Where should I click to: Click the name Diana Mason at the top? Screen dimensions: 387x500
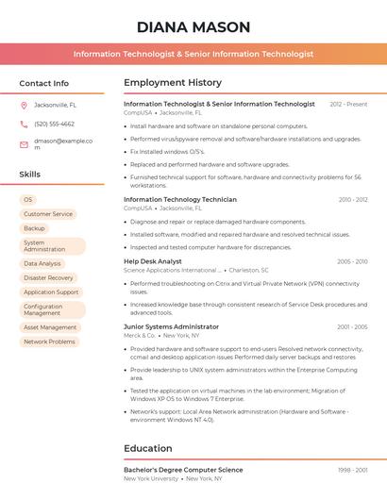[x=193, y=26]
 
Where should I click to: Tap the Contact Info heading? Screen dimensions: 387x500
[x=44, y=83]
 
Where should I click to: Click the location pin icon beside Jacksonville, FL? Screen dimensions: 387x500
[x=24, y=105]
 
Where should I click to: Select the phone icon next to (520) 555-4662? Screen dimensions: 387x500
[x=24, y=124]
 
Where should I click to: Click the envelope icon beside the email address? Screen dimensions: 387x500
[x=24, y=144]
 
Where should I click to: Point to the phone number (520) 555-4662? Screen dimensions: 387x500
[x=54, y=124]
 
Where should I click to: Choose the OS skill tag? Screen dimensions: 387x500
[x=28, y=200]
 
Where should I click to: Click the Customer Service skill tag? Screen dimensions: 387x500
[x=48, y=214]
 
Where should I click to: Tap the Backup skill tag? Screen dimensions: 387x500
[x=34, y=228]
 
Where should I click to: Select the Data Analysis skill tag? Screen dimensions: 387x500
[x=42, y=264]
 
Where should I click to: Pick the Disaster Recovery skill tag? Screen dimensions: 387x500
[x=48, y=278]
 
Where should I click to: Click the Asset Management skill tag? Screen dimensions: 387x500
[x=50, y=327]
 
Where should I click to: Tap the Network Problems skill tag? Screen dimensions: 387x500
[x=49, y=342]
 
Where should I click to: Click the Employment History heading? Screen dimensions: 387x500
[x=173, y=83]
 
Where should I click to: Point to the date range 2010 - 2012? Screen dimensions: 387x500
[x=352, y=200]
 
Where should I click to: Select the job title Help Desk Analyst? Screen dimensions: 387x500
[x=153, y=261]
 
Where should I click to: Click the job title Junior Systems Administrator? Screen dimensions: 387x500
[x=171, y=326]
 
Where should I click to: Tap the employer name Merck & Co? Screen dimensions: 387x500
[x=140, y=335]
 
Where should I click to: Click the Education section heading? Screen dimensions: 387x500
[x=148, y=448]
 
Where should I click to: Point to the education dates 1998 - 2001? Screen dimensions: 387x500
[x=352, y=470]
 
